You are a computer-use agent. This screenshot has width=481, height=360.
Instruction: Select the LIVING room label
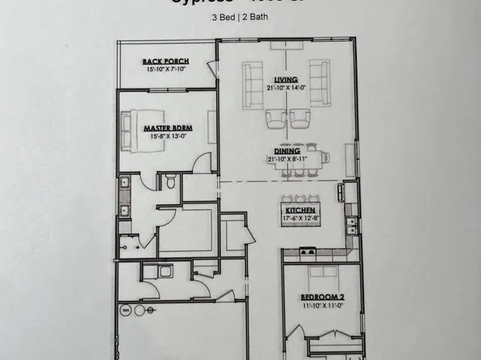point(286,79)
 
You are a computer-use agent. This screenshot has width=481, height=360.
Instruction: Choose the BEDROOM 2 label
point(316,296)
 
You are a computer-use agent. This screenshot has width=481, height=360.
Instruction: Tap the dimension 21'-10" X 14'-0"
point(286,88)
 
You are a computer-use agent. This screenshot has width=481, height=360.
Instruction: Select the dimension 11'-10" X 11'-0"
point(316,306)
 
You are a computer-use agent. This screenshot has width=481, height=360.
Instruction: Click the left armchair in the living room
point(275,119)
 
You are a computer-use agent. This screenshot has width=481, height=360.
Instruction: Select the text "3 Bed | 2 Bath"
point(240,18)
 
